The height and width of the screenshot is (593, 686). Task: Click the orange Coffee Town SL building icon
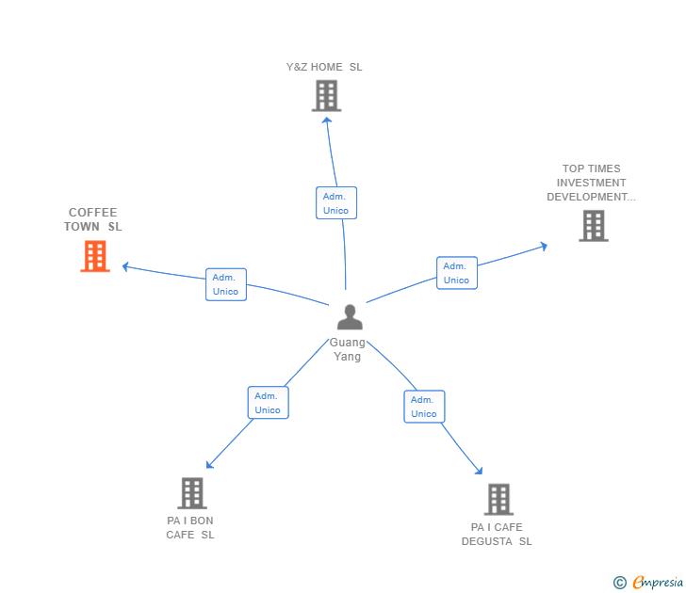(x=95, y=256)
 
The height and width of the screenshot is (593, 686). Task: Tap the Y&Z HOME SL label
(x=324, y=67)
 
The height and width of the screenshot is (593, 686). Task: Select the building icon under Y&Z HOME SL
(x=326, y=96)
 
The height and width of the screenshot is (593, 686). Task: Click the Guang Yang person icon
(x=350, y=317)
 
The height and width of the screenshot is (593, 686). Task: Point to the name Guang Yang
(x=348, y=349)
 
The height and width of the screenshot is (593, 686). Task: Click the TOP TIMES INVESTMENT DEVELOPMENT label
(x=591, y=183)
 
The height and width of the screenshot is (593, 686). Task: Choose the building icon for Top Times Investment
(x=594, y=226)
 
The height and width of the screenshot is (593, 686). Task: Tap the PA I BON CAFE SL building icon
(x=191, y=493)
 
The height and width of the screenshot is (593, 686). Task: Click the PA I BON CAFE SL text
(x=190, y=527)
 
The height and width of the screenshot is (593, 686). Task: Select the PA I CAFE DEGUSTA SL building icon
(x=498, y=500)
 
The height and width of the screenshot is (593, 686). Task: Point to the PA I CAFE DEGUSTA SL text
(x=497, y=534)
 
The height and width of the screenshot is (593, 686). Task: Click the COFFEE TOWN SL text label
(x=93, y=219)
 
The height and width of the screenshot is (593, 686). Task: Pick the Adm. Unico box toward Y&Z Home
(x=335, y=203)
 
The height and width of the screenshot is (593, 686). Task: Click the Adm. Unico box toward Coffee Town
(x=226, y=284)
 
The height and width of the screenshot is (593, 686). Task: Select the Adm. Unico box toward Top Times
(x=456, y=273)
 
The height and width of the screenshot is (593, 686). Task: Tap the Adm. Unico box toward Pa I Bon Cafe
(x=268, y=403)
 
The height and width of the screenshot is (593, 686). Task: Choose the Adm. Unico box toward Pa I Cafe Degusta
(x=424, y=407)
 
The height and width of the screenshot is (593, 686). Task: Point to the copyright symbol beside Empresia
(x=620, y=583)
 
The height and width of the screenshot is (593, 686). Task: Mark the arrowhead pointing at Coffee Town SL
(x=125, y=266)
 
